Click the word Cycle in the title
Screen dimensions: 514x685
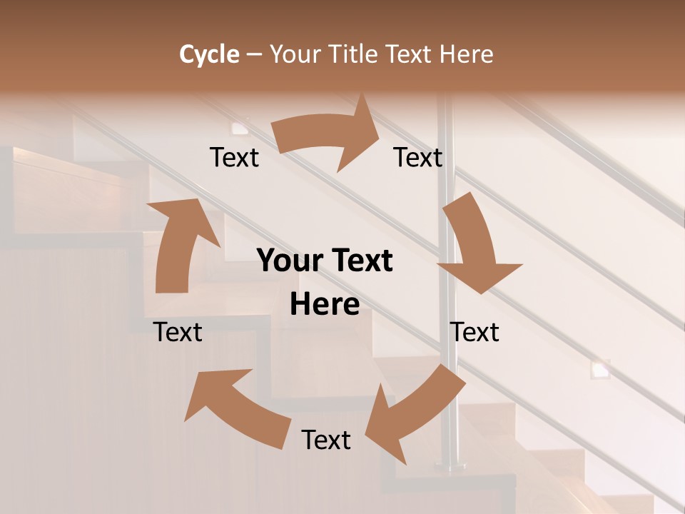point(209,54)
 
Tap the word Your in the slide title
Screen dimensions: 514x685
point(295,54)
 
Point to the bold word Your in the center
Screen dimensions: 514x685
point(290,261)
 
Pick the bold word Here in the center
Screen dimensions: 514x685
point(325,305)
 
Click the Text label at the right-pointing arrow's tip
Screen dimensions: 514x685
point(418,157)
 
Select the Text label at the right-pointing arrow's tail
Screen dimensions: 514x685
point(235,157)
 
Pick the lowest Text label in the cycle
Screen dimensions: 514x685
point(326,440)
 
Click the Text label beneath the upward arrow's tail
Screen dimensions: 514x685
point(178,332)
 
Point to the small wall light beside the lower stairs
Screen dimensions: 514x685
point(600,369)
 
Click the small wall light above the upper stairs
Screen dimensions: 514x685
point(239,128)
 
